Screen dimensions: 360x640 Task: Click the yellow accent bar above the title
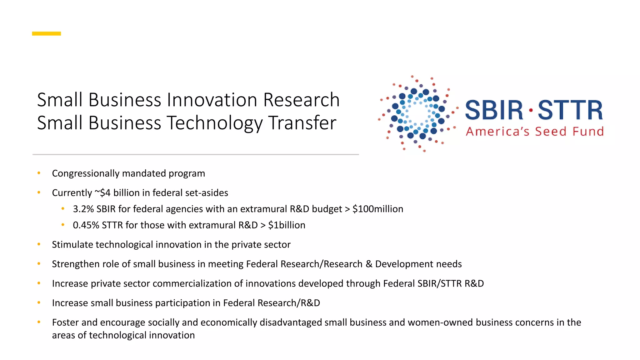[x=46, y=33]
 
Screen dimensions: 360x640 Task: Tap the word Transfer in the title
[x=302, y=123]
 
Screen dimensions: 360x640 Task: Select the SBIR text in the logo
[x=494, y=110]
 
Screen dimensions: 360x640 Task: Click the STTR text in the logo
[x=570, y=110]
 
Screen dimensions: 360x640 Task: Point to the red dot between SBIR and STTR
[x=531, y=110]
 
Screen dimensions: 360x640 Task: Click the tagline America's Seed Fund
[x=535, y=132]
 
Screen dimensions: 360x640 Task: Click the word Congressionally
[x=86, y=173]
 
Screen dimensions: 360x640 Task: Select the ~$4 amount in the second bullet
[x=102, y=193]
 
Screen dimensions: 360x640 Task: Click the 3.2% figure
[x=83, y=209]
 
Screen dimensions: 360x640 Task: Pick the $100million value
[x=378, y=209]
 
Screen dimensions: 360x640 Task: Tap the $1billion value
[x=287, y=225]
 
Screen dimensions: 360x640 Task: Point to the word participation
[x=182, y=303]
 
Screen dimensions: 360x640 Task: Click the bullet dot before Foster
[x=39, y=322]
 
